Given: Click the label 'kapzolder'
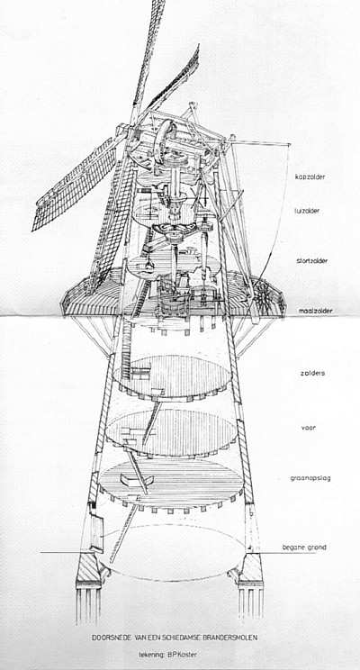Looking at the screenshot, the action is (x=312, y=177).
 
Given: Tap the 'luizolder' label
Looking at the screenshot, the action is (x=308, y=211).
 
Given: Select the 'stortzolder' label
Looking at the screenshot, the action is (x=312, y=260).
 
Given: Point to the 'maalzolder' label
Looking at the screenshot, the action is (x=317, y=311).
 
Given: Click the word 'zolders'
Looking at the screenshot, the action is (x=312, y=373).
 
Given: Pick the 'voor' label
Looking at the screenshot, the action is (x=309, y=427).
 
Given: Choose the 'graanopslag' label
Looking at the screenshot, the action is (x=310, y=478).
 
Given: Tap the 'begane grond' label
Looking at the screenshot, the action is (x=304, y=548).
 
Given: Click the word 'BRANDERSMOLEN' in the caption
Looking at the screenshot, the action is (x=228, y=638).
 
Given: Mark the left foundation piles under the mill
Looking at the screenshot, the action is (x=89, y=603).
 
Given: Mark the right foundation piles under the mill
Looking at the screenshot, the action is (x=250, y=602).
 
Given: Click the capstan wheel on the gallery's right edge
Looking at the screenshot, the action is (x=261, y=294).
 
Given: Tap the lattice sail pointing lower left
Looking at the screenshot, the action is (x=76, y=185).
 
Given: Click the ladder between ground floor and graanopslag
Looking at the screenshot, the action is (x=124, y=533).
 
